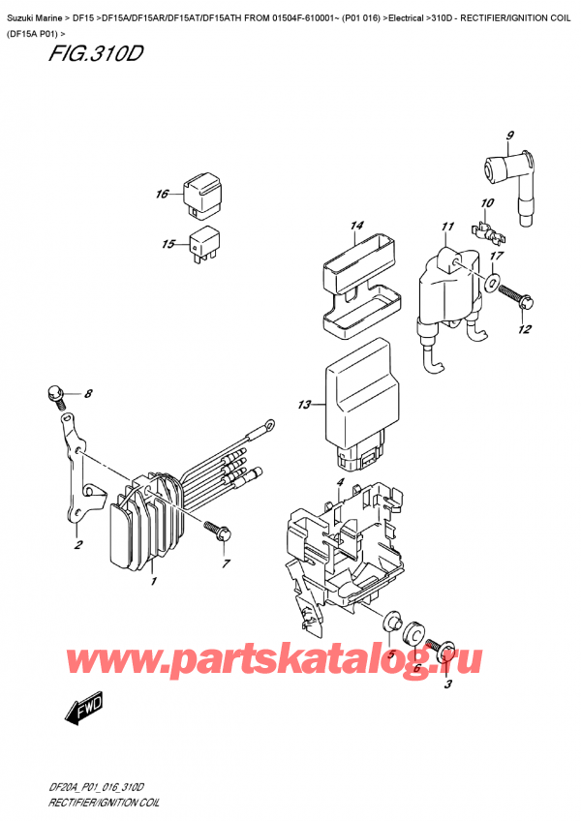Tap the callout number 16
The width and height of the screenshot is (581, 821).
(163, 195)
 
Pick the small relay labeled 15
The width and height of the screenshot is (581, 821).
(204, 242)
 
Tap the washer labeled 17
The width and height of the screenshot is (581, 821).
(492, 284)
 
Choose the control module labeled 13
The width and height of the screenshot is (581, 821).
(360, 397)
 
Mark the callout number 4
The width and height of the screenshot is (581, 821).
(340, 482)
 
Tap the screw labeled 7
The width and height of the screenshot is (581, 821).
(214, 529)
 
